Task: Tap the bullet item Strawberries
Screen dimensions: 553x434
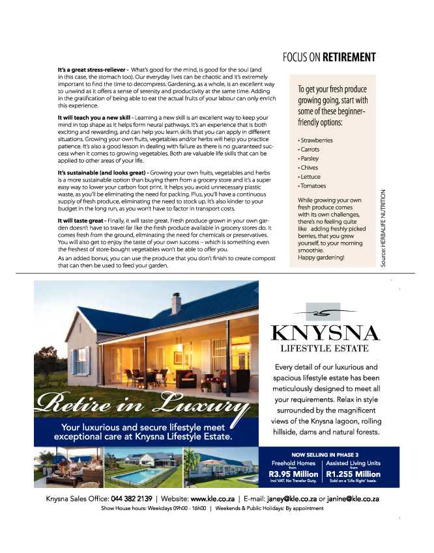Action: (317, 140)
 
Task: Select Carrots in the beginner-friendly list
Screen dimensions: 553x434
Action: (311, 149)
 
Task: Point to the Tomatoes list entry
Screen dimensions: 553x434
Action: (314, 186)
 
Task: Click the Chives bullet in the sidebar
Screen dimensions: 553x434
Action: (310, 168)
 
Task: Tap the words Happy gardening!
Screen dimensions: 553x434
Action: (321, 258)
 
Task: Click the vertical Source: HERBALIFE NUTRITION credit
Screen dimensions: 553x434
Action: (384, 227)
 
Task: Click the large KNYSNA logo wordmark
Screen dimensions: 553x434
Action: (325, 334)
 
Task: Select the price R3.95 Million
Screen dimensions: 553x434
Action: (293, 474)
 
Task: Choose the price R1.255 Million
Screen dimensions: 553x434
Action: (353, 474)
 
